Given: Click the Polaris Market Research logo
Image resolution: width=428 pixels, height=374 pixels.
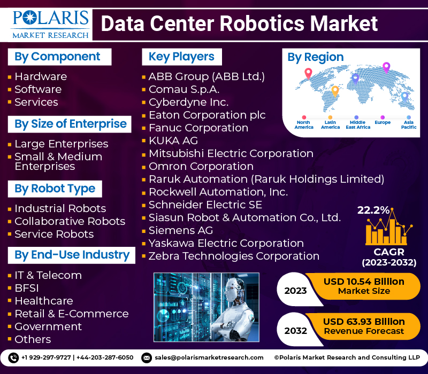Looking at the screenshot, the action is pos(50,25).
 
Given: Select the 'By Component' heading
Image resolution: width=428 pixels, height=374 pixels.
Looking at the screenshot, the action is pos(59,57).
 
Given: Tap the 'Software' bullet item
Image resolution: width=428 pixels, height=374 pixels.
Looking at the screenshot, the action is pos(38,89).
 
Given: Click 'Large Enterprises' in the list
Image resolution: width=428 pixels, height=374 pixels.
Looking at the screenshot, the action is pos(62,144).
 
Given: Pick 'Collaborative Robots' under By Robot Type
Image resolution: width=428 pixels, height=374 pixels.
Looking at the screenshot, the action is pos(70,221).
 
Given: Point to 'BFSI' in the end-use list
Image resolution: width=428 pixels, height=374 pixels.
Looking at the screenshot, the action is pos(27,288).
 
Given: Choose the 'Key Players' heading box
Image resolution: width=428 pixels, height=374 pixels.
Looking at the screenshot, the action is pos(182,57).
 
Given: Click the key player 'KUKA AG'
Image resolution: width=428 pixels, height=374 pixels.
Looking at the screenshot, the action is pos(173,141).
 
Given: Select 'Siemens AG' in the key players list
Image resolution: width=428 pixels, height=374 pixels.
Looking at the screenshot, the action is pos(181,230).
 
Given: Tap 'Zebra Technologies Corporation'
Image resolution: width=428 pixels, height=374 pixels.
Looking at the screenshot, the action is pos(234,256).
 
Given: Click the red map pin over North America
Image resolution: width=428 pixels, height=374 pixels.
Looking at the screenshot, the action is pos(308,73).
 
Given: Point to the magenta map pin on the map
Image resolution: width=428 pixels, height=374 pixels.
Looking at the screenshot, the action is pos(386,68).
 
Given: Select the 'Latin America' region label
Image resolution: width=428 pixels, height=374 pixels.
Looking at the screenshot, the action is pos(330,124).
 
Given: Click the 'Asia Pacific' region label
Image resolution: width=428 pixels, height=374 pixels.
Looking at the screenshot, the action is pos(409,124).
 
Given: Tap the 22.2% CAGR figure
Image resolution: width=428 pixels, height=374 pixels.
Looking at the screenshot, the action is pos(373,210).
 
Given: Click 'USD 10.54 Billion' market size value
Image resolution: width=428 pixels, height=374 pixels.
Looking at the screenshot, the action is pos(364,282).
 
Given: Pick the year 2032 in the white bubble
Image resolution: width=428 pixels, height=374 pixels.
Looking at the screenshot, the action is pos(296,331).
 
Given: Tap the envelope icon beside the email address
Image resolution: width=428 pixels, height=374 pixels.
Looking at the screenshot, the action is pos(147,357).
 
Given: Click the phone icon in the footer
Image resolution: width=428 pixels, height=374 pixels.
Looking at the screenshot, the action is pos(13,357).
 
